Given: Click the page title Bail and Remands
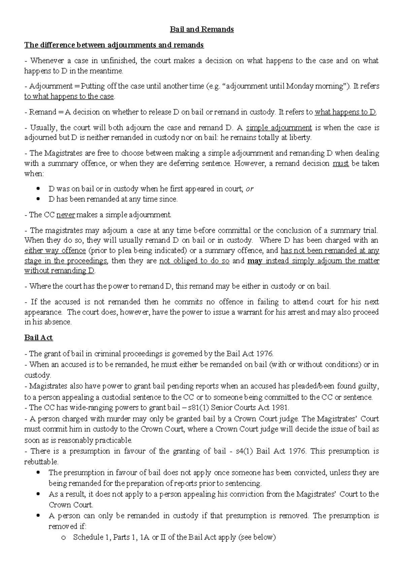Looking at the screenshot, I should (x=202, y=29).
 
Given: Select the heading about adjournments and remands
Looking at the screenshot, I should (x=114, y=45).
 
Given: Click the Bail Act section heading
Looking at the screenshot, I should (x=38, y=338).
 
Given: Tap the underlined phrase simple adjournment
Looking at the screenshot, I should (x=279, y=128).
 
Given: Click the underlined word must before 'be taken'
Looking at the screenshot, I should (x=340, y=164).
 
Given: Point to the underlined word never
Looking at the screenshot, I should (x=66, y=215).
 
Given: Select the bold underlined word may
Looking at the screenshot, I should (x=255, y=261).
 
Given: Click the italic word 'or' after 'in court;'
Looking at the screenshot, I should (x=249, y=189).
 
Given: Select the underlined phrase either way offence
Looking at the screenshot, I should (x=55, y=251).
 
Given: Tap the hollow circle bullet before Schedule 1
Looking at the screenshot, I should (x=63, y=538).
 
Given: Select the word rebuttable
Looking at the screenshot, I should (x=41, y=461).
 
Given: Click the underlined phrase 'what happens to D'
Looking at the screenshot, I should (x=345, y=112).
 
